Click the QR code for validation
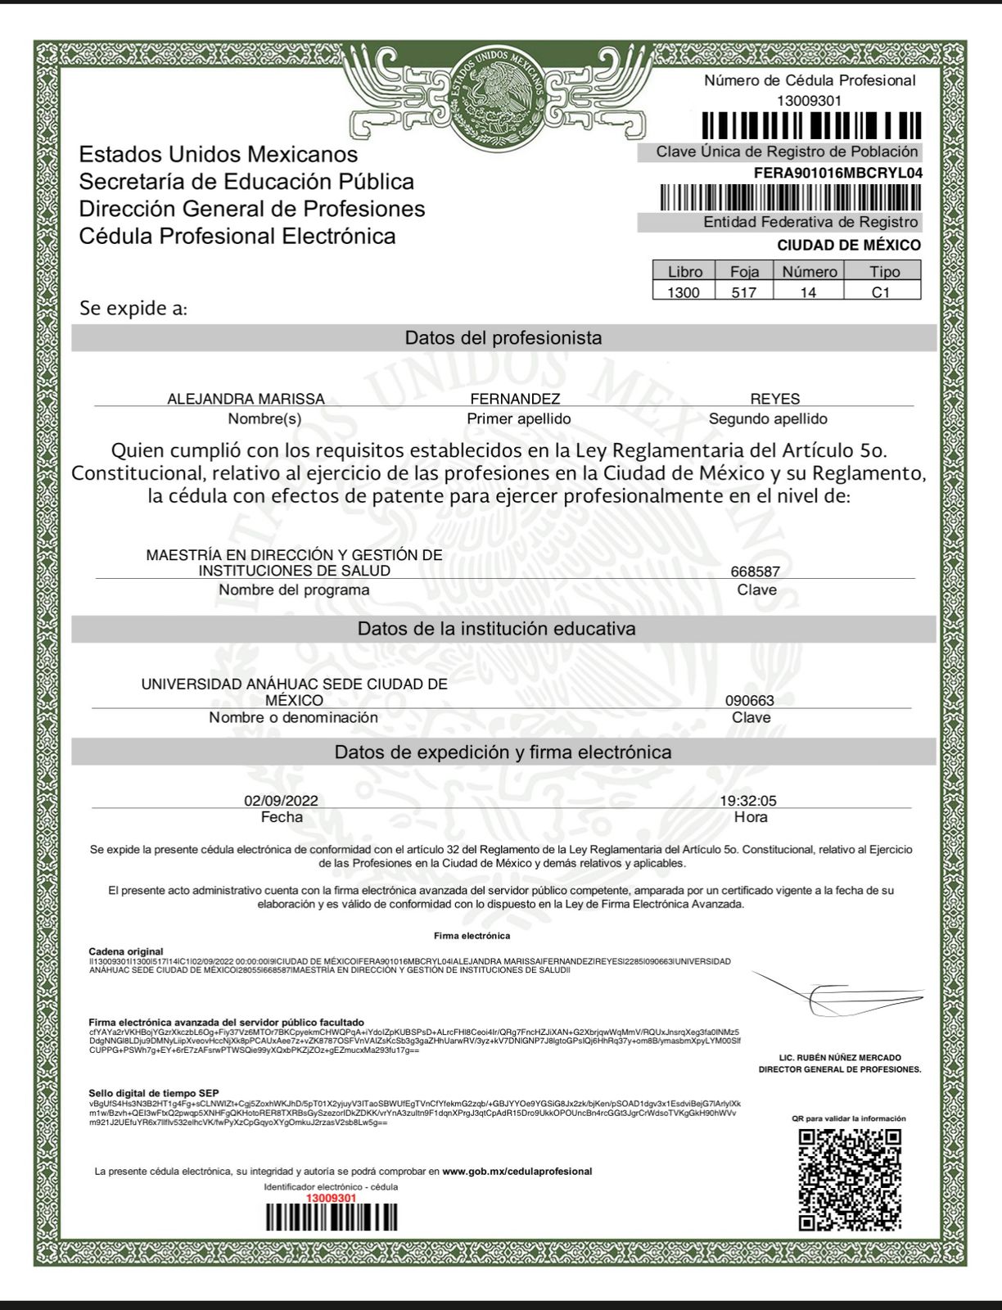pos(850,1179)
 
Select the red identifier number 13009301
pos(331,1198)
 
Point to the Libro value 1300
pos(684,292)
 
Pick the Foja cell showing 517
pos(743,292)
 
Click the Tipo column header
pos(884,272)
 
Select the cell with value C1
pos(881,292)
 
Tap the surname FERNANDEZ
pos(515,399)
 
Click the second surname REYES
pos(774,399)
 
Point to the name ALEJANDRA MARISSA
pos(246,399)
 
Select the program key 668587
pos(755,571)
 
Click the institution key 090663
pos(749,701)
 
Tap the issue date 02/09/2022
pos(281,801)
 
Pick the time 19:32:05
pos(748,801)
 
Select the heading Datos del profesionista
pos(503,338)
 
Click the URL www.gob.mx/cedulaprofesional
pos(517,1172)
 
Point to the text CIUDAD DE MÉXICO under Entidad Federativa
pos(848,245)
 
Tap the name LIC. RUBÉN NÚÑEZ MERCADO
pos(840,1058)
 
